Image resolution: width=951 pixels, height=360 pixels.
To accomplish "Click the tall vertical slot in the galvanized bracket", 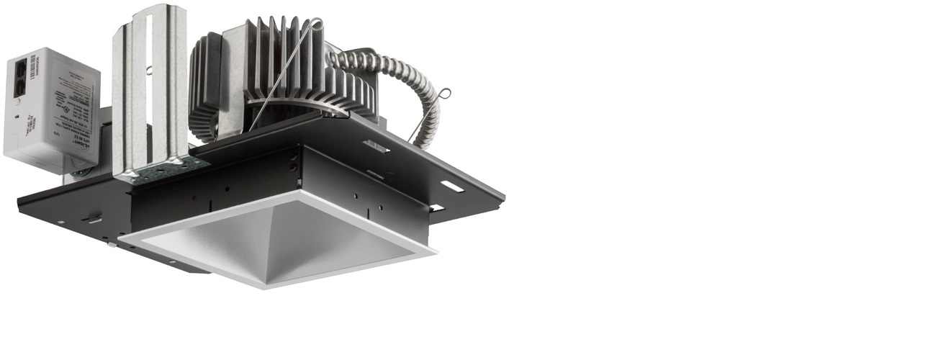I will tap(148, 86).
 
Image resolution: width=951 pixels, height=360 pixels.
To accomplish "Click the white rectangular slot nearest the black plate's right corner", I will tap(452, 186).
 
